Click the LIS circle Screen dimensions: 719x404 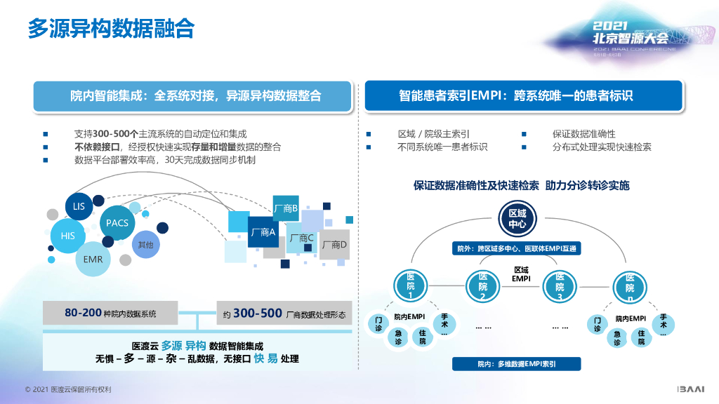pyautogui.click(x=79, y=206)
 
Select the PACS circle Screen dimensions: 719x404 pyautogui.click(x=117, y=223)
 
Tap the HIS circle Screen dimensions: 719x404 pyautogui.click(x=68, y=236)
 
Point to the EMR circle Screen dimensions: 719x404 pyautogui.click(x=93, y=260)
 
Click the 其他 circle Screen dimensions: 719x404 pyautogui.click(x=145, y=244)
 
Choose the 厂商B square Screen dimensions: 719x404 pyautogui.click(x=285, y=208)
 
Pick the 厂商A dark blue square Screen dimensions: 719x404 pyautogui.click(x=263, y=232)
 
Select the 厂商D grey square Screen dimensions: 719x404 pyautogui.click(x=334, y=245)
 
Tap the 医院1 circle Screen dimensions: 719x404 pyautogui.click(x=411, y=286)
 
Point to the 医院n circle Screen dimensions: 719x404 pyautogui.click(x=629, y=288)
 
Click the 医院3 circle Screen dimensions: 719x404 pyautogui.click(x=559, y=287)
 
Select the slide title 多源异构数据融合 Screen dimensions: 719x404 pyautogui.click(x=111, y=29)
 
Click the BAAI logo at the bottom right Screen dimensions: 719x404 pyautogui.click(x=694, y=389)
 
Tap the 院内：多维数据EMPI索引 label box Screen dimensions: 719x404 pyautogui.click(x=517, y=364)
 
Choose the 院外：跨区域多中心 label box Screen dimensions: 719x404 pyautogui.click(x=517, y=248)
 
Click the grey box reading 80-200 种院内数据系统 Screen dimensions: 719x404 pyautogui.click(x=110, y=314)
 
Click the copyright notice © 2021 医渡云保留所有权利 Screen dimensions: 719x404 pyautogui.click(x=68, y=389)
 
